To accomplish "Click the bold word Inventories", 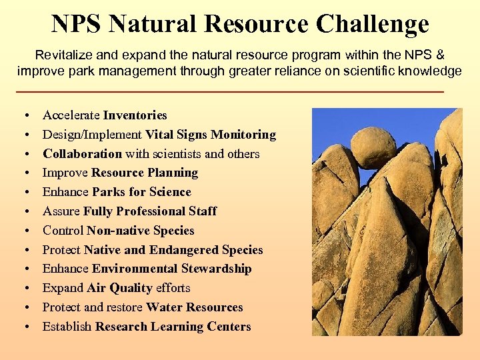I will coord(135,115).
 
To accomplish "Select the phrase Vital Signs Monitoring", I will coord(210,135).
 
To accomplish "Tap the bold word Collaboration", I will coord(82,154).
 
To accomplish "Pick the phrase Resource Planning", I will coord(145,173).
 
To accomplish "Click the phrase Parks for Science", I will coord(141,192).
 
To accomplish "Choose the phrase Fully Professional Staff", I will coord(150,211).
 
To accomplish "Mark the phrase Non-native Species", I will coord(140,231).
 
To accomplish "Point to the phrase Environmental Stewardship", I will coord(171,269).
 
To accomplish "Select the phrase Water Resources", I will coord(194,307).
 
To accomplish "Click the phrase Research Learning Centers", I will coord(173,327).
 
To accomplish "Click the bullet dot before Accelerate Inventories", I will coord(25,116).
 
